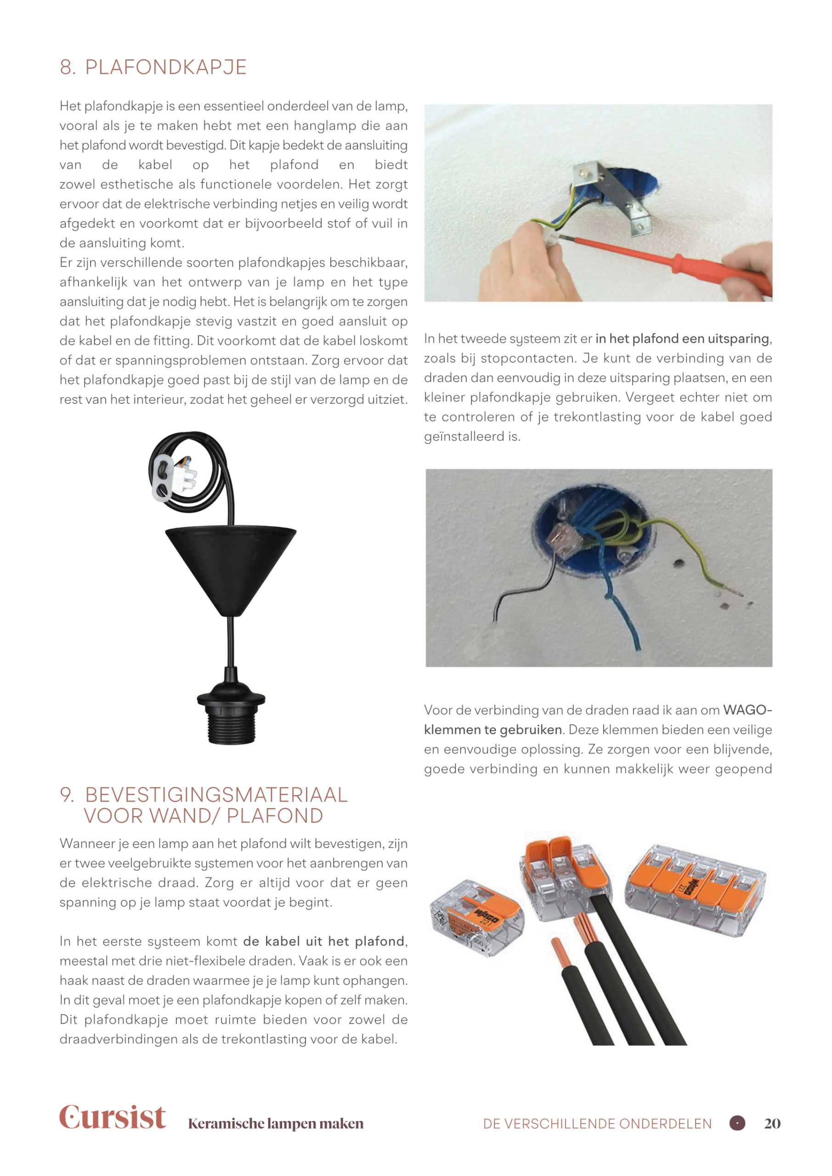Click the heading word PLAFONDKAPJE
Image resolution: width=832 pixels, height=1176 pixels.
click(165, 68)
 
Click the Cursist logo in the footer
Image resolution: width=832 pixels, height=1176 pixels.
click(112, 1117)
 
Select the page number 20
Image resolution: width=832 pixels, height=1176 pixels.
click(772, 1123)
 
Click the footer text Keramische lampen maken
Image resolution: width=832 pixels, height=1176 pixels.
click(276, 1124)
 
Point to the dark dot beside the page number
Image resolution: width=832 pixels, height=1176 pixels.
click(737, 1123)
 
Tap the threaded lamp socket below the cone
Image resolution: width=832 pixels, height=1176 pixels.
click(231, 717)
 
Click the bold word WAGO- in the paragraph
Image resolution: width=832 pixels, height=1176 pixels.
click(747, 710)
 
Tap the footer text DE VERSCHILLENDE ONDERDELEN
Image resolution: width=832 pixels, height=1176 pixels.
click(597, 1124)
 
